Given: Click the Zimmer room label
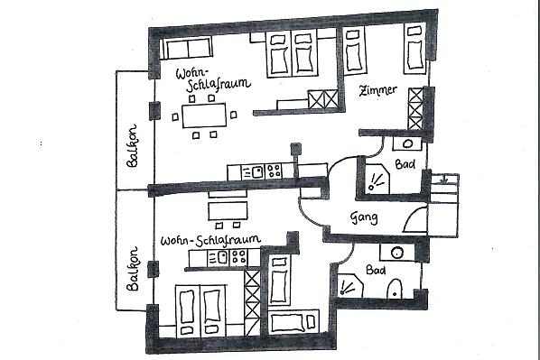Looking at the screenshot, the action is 377,90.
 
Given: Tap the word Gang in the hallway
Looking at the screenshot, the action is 364,217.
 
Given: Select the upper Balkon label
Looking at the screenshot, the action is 132,146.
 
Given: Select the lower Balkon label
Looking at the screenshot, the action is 132,269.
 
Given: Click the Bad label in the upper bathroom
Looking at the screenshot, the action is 405,164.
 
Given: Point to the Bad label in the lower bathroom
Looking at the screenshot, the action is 376,270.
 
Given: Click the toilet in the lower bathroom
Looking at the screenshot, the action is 395,289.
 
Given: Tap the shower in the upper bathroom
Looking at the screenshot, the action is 377,179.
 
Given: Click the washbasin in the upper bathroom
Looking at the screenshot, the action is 407,143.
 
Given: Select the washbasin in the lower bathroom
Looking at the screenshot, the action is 397,253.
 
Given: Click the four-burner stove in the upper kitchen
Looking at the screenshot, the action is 274,171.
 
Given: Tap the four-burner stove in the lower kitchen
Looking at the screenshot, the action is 238,257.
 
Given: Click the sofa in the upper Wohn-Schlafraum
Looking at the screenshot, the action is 186,48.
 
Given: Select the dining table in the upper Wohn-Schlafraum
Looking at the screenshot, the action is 204,115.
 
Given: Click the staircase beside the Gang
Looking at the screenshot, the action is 444,205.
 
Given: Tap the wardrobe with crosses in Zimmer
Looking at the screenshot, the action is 415,109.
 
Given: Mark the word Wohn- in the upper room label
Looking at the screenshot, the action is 192,74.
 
